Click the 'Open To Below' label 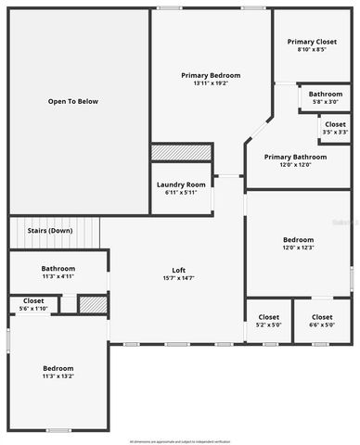tap(73, 101)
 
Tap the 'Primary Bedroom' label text tap(211, 75)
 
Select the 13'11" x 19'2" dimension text tap(211, 83)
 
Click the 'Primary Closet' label tap(313, 42)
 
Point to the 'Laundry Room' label tap(181, 184)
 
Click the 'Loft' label tap(177, 270)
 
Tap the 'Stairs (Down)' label tap(50, 230)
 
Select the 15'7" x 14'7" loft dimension tap(177, 278)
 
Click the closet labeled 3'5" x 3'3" tap(335, 128)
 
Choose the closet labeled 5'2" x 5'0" tap(268, 321)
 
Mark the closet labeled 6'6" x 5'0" tap(321, 321)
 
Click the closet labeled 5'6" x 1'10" tap(33, 304)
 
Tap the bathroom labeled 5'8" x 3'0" tap(325, 97)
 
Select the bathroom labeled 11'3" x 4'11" tap(57, 272)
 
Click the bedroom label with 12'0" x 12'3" tap(299, 243)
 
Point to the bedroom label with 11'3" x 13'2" tap(57, 372)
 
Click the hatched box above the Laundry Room tap(181, 152)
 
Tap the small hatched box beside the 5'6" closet tap(91, 304)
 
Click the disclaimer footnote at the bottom tap(180, 440)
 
